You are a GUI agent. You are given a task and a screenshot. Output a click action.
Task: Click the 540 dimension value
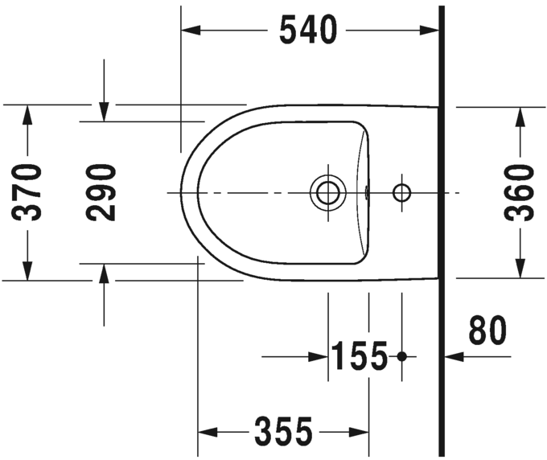point(307,31)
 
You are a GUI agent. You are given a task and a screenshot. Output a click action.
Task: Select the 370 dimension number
point(28,192)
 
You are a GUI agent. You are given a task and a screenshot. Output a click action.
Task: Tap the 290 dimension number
point(102,192)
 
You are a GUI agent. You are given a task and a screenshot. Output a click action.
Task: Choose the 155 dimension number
point(360,355)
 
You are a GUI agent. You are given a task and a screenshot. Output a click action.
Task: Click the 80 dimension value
point(488,331)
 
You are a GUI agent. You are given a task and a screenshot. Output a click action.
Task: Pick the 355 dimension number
point(283,433)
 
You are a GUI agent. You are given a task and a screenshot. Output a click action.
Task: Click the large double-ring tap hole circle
point(328,192)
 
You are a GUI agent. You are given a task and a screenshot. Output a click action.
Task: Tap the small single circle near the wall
point(401,192)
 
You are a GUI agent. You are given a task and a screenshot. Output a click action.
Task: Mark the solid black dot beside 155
point(403,355)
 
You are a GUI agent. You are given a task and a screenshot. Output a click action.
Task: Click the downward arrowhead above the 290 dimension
point(103,112)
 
